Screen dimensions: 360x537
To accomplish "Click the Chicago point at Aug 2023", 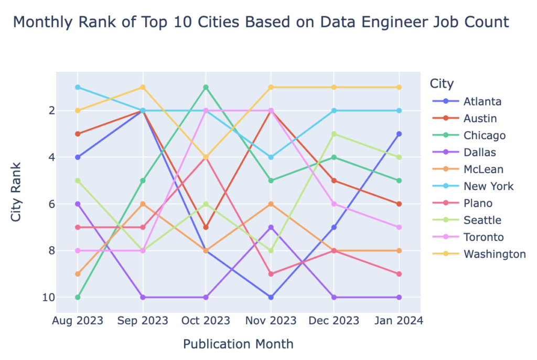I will click(78, 298).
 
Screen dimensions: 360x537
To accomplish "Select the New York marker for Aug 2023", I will click(78, 87).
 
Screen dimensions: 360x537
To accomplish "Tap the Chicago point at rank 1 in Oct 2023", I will click(206, 87).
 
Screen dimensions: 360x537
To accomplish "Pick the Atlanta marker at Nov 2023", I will click(271, 298).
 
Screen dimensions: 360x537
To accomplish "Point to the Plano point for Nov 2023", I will click(271, 274).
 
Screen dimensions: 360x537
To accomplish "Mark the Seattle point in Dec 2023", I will click(335, 134).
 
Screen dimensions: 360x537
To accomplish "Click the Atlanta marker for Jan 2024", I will click(400, 134).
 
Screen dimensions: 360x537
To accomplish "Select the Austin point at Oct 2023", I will click(206, 227).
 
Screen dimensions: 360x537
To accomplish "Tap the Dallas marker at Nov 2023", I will click(271, 227).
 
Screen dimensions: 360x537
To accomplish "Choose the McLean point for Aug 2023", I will click(78, 274).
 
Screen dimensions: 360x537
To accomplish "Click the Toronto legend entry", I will click(484, 237).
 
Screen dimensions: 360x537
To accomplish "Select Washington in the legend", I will click(495, 254).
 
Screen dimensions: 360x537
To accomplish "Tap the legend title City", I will click(442, 83).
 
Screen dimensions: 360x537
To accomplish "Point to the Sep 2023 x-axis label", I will click(142, 321).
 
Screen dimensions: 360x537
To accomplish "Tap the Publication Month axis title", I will click(238, 344).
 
